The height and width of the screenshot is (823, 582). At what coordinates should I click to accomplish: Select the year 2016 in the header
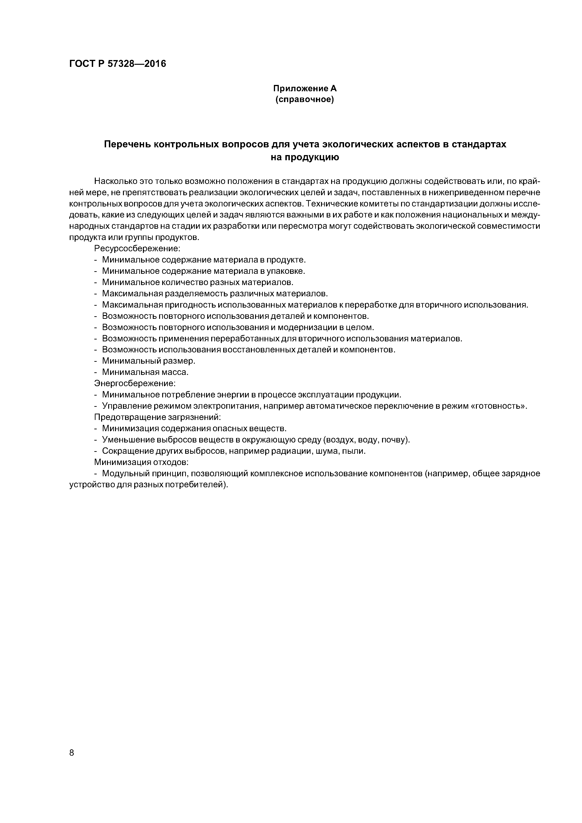coord(156,64)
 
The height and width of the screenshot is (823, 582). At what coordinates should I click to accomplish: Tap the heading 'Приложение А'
coord(305,88)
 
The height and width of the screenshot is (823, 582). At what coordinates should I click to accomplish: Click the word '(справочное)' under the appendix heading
coord(305,99)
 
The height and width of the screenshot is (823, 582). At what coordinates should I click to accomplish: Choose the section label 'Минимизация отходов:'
coord(141,462)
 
